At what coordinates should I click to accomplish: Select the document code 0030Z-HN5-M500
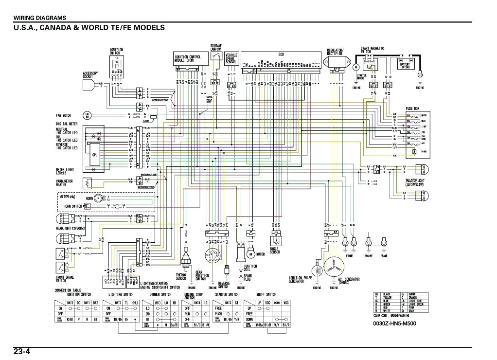pos(394,323)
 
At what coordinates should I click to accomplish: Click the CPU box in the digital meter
pos(95,155)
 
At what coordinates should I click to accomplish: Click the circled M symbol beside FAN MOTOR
pos(88,116)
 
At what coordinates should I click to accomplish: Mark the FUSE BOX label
pos(413,109)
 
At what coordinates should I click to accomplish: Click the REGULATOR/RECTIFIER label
pos(336,52)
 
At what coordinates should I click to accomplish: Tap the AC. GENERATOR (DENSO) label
pos(349,281)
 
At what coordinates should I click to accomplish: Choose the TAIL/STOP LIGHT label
pos(415,183)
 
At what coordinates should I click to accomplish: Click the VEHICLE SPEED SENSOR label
pos(231,59)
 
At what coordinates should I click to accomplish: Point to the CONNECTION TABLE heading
pos(68,290)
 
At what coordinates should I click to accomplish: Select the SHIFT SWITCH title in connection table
pos(266,295)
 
